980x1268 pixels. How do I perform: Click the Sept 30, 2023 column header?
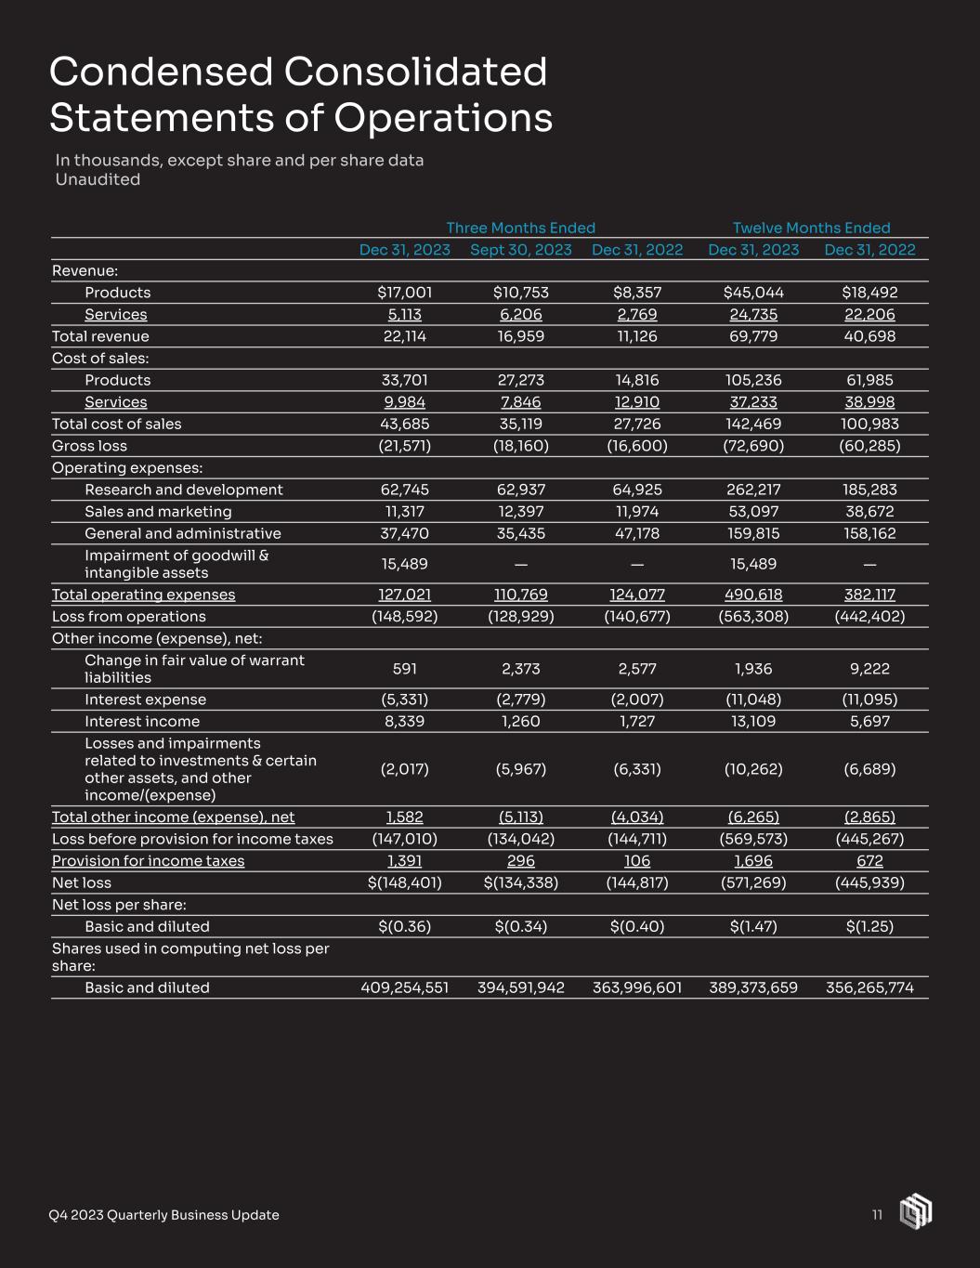[521, 250]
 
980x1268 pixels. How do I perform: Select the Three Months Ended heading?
[520, 228]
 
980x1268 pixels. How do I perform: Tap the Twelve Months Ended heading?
[811, 228]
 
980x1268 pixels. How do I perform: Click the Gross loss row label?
[89, 446]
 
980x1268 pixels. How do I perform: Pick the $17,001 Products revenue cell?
[405, 293]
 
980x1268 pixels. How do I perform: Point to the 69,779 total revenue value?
[753, 336]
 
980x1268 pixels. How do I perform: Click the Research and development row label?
[183, 490]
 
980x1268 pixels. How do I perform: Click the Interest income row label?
[142, 722]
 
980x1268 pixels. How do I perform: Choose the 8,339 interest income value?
[405, 722]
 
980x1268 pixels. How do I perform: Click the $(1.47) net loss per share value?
[753, 926]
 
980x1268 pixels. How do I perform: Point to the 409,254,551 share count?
[405, 987]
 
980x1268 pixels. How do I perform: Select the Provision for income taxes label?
[149, 861]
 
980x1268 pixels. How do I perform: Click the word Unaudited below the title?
[98, 180]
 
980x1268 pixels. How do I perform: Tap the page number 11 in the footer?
[877, 1215]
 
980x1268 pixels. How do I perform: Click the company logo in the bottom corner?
[916, 1212]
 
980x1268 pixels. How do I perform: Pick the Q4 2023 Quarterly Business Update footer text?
[163, 1215]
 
